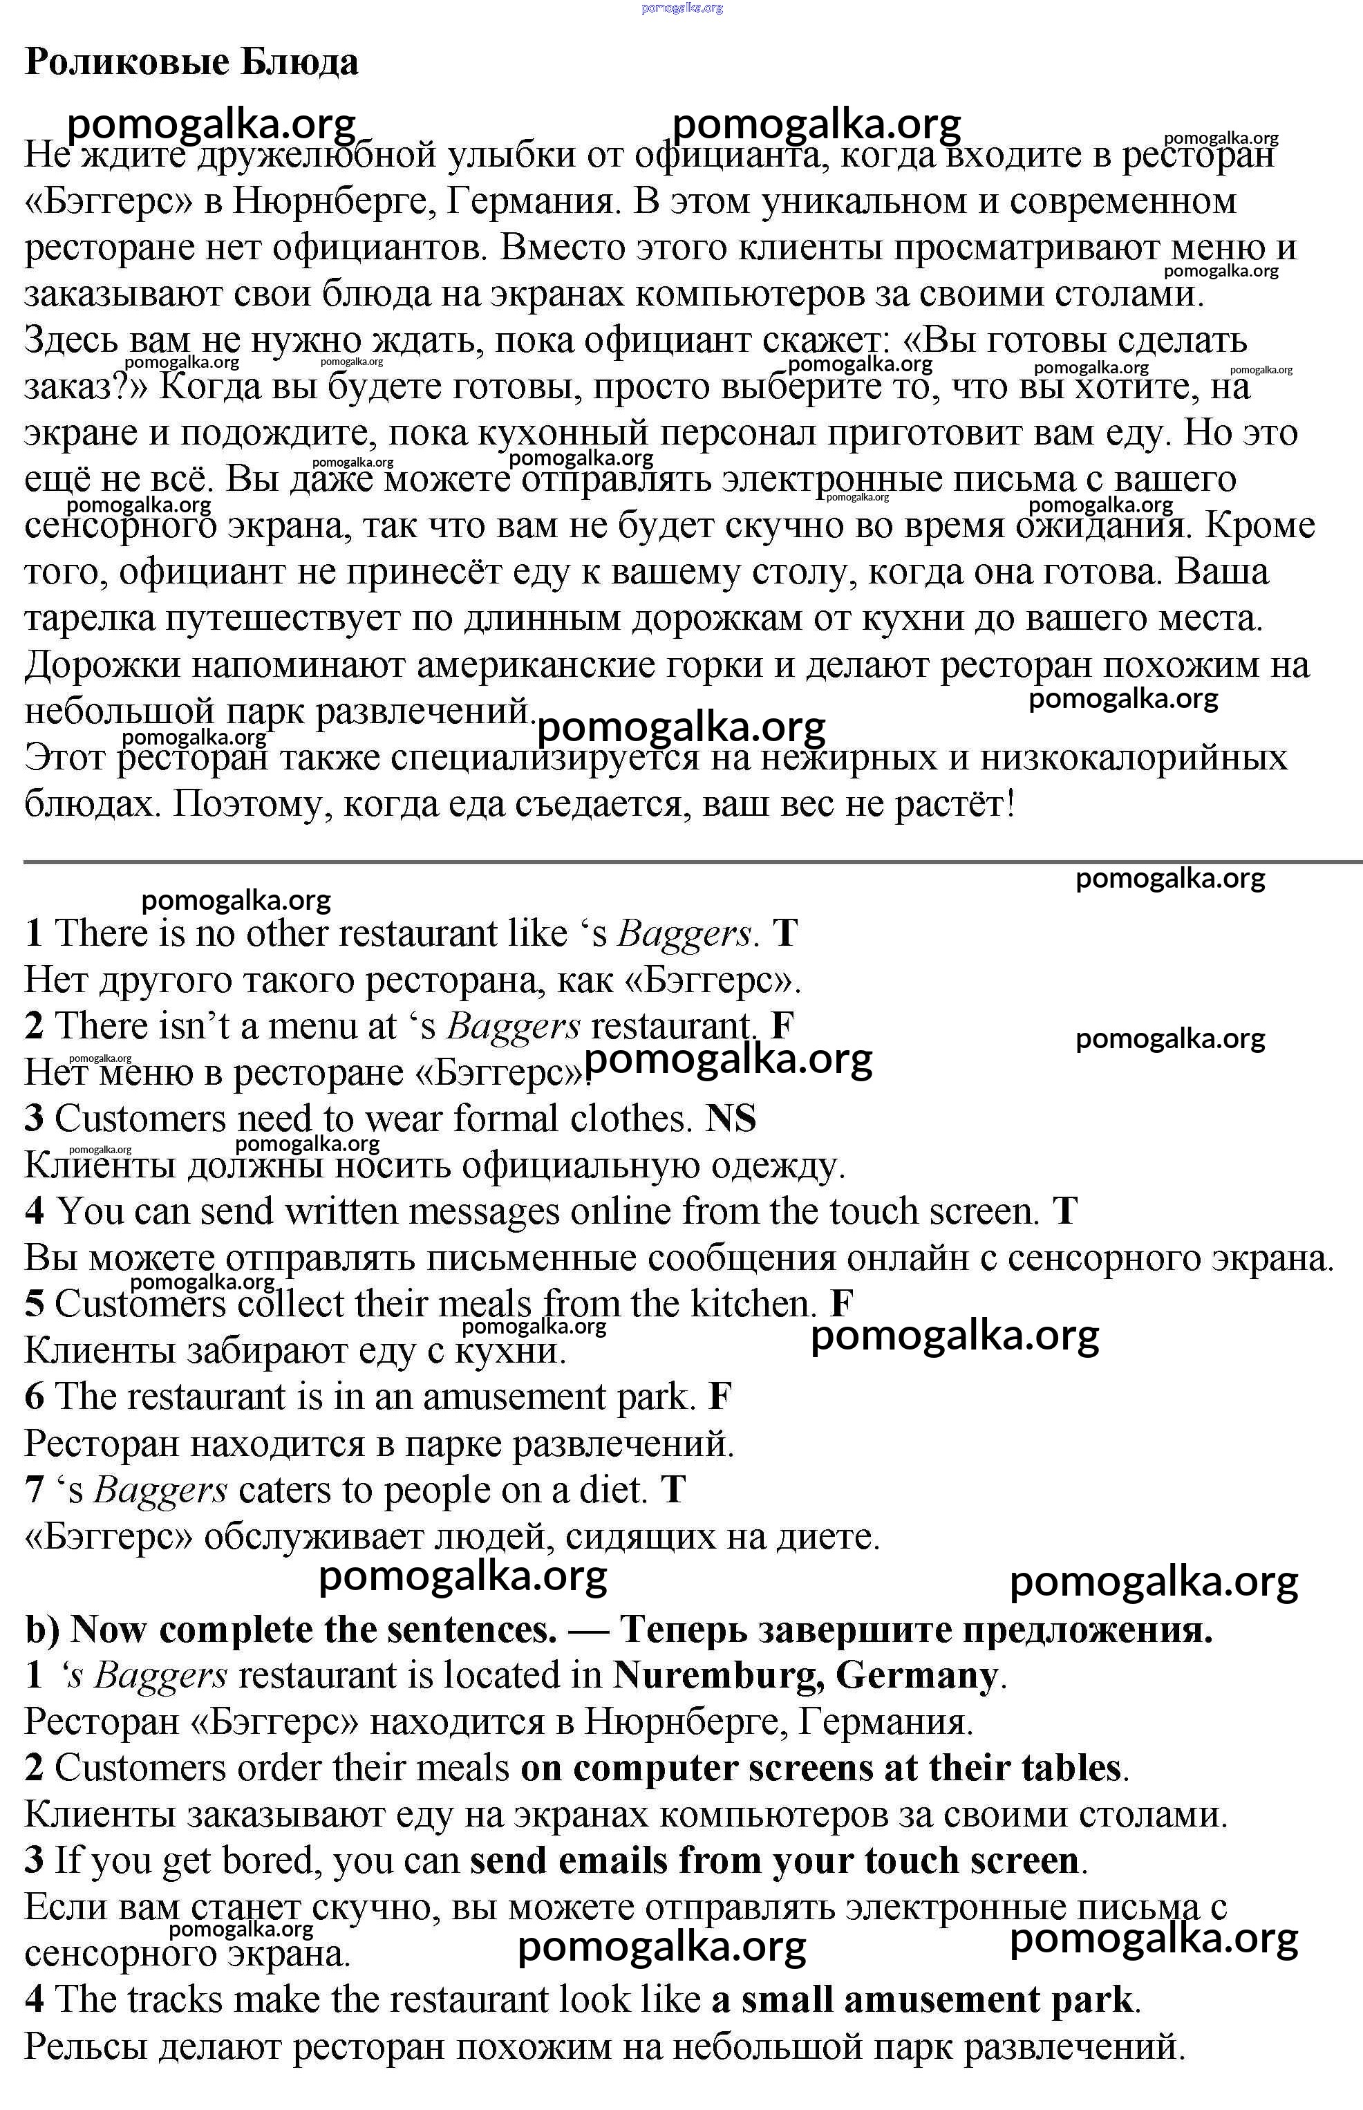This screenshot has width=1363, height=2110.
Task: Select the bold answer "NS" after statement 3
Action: click(731, 1119)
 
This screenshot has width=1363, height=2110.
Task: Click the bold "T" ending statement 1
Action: click(785, 934)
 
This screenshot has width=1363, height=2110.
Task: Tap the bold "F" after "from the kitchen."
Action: click(842, 1305)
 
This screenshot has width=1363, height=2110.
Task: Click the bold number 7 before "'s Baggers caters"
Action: click(34, 1491)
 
